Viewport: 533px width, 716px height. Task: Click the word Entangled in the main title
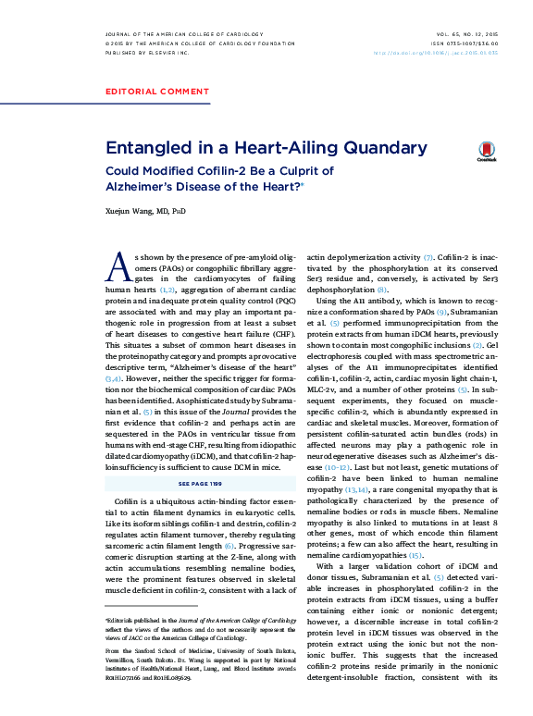[x=150, y=148]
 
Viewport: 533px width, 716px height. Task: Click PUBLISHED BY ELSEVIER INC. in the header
[x=148, y=54]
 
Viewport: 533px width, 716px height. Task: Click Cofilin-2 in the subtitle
[x=208, y=171]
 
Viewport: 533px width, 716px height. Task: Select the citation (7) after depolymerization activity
[x=428, y=256]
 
